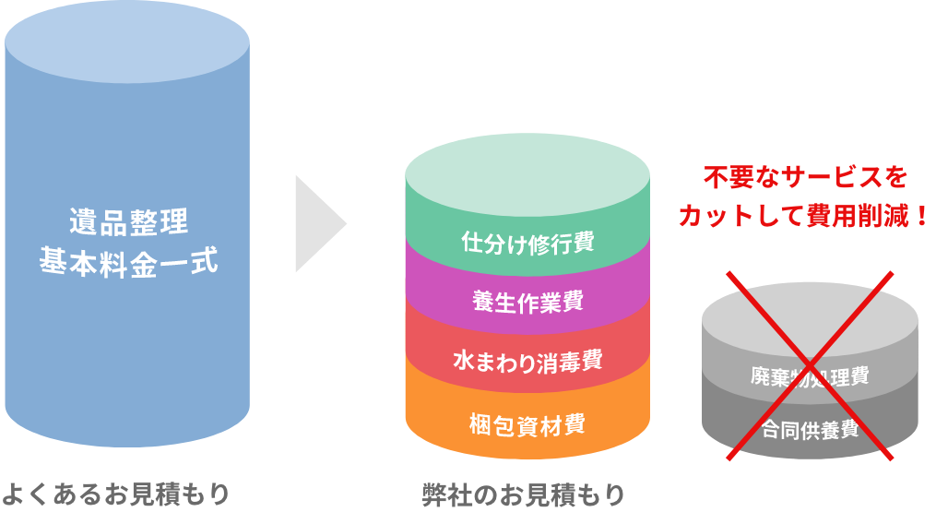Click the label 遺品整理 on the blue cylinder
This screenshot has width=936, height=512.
point(128,222)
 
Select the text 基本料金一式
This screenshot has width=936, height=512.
point(128,263)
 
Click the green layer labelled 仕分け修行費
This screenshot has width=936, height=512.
point(527,243)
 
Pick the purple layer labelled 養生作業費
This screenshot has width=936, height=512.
point(527,301)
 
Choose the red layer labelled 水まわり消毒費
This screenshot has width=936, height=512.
point(527,361)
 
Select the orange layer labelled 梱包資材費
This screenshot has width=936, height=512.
point(527,424)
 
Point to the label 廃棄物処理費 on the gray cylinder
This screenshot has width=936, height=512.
point(810,376)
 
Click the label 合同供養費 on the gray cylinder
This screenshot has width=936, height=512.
point(810,429)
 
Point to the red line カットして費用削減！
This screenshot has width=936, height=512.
point(799,218)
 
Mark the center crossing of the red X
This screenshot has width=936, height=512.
point(811,363)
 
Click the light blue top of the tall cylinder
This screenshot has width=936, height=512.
point(127,42)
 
